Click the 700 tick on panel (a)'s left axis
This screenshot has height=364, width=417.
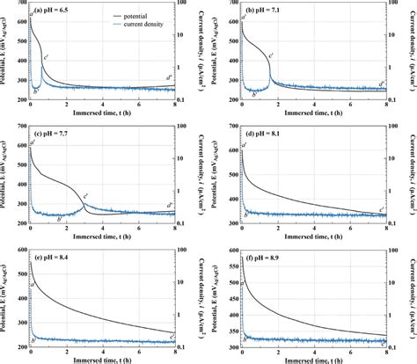22,4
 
